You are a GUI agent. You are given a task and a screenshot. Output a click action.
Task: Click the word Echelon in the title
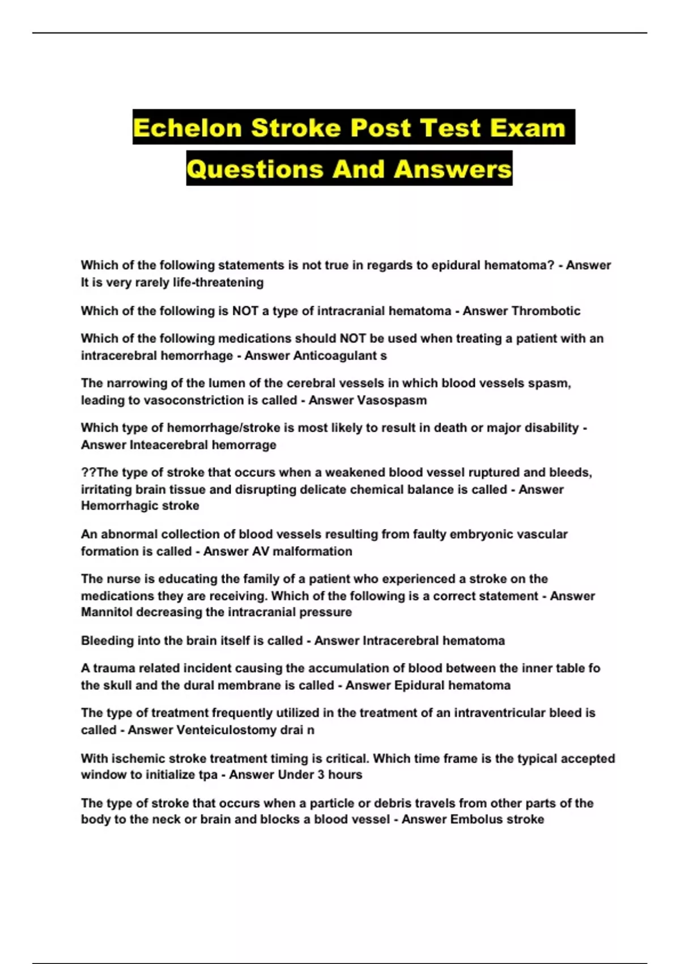pos(188,128)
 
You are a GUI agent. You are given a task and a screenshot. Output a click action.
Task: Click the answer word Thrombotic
pos(546,311)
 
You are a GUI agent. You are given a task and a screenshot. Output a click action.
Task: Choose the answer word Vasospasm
pos(392,400)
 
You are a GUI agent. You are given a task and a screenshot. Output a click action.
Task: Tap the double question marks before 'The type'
pos(88,472)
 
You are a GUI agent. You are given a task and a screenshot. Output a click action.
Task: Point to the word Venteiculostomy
pos(227,730)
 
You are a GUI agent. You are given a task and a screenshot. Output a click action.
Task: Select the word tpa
pos(208,775)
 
